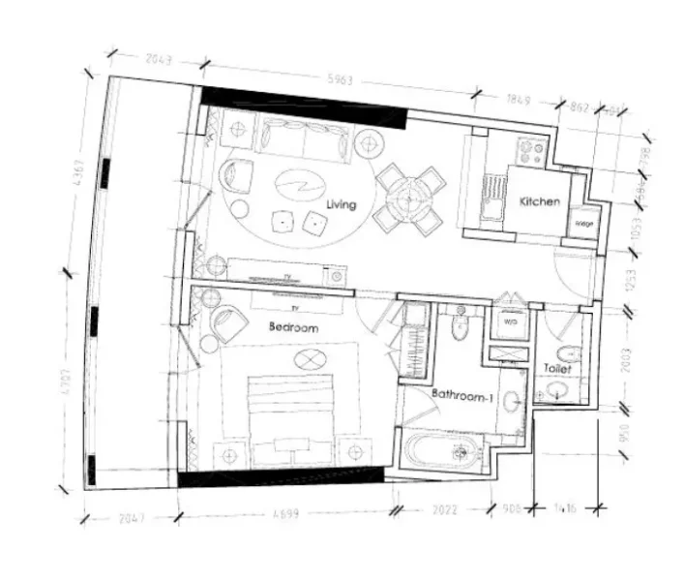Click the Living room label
pos(342,204)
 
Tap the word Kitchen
pos(540,201)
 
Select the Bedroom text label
pos(293,328)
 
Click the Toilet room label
pos(557,369)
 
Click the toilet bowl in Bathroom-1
pos(461,326)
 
